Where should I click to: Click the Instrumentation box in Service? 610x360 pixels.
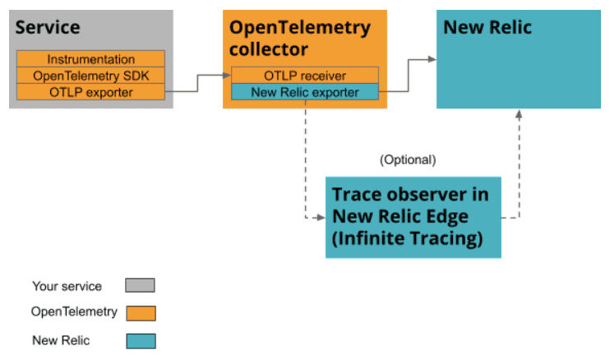[90, 58]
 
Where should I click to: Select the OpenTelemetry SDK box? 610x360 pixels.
[90, 76]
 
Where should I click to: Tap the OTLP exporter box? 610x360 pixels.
[90, 92]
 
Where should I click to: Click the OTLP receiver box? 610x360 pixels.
[305, 75]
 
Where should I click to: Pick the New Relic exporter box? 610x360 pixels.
[305, 92]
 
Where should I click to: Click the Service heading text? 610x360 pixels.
[48, 27]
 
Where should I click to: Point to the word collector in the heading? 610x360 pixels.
[269, 49]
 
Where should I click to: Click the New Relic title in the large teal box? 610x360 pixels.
[488, 27]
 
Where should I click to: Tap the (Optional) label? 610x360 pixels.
[408, 159]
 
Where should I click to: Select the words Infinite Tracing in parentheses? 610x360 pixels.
[407, 238]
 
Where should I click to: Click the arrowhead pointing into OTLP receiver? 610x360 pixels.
[227, 76]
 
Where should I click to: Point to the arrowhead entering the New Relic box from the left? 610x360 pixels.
[432, 59]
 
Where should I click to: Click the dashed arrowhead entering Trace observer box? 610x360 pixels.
[321, 218]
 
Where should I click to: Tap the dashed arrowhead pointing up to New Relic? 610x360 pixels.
[519, 114]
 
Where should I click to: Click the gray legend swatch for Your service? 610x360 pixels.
[140, 285]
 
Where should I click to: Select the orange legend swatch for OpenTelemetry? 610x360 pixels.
[141, 313]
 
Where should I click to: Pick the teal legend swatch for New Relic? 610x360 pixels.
[141, 341]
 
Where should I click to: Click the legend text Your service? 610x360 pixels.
[67, 286]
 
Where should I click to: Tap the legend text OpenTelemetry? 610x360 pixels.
[74, 312]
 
